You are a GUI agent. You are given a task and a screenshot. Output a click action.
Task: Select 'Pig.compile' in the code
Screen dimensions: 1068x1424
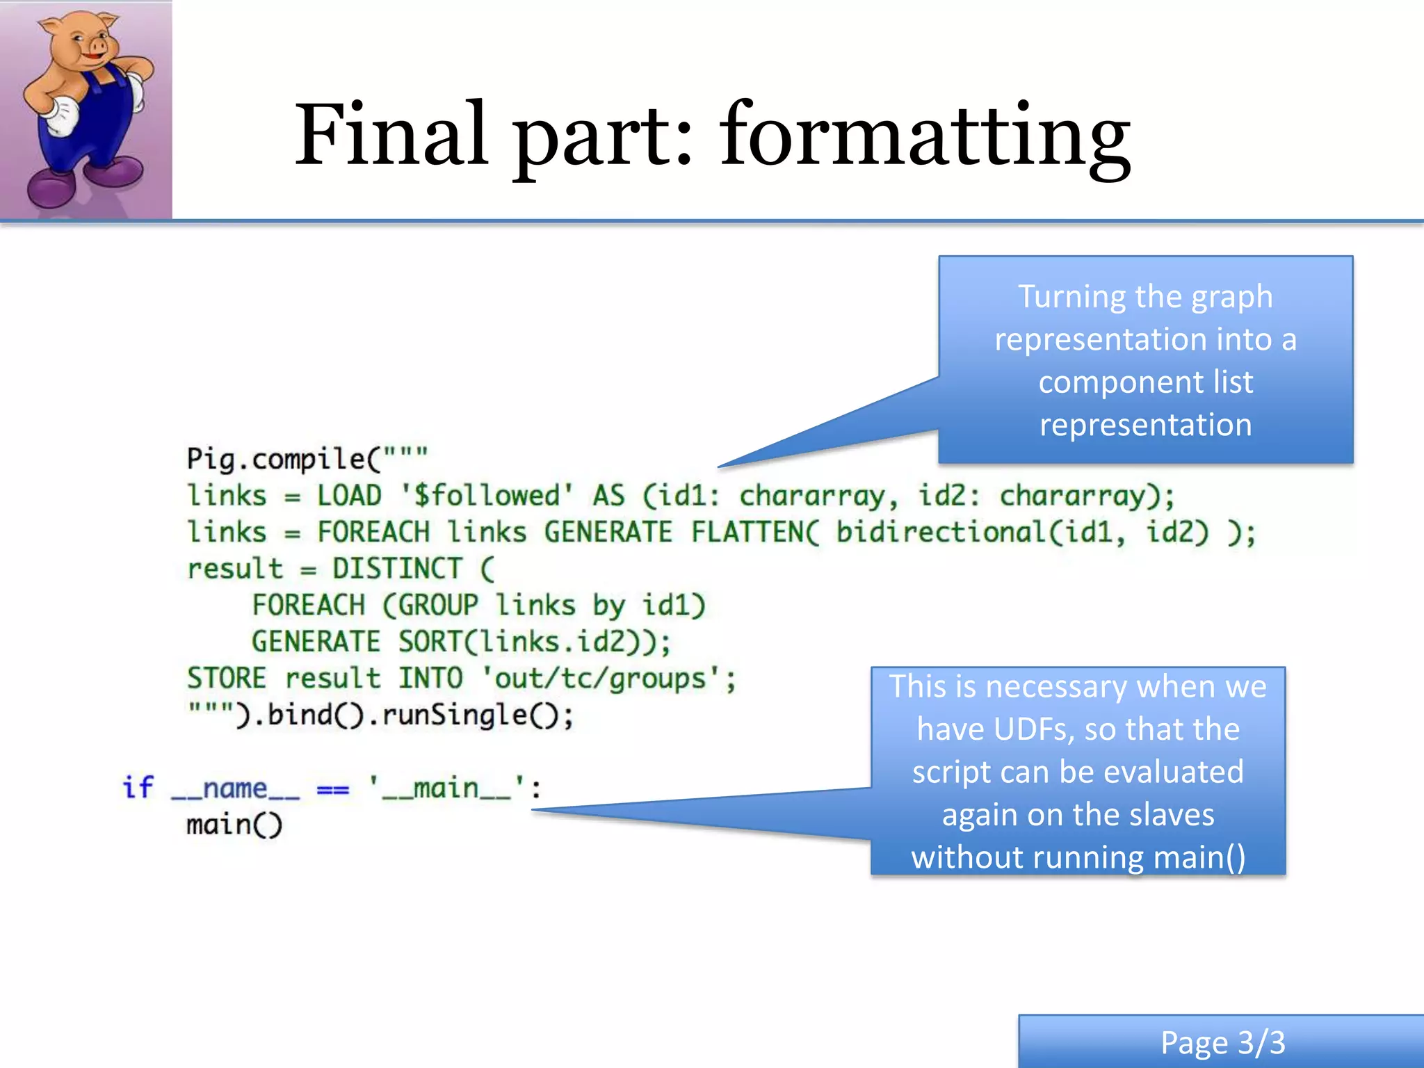click(x=275, y=460)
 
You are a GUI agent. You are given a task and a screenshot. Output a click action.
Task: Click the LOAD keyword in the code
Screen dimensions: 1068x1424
click(x=349, y=496)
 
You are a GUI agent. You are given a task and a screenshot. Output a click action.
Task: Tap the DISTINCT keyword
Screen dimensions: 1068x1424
click(x=397, y=569)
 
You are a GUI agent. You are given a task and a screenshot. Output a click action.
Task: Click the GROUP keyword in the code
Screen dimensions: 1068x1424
click(x=438, y=605)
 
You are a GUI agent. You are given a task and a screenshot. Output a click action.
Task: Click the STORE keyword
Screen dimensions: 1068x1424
click(x=226, y=679)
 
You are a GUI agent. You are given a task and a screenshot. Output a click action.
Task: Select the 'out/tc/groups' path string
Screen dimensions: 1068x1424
click(x=600, y=679)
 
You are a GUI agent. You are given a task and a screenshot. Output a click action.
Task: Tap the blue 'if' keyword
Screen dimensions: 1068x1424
click(x=138, y=787)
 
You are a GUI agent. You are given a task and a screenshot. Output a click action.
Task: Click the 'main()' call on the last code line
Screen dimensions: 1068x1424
click(x=234, y=825)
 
